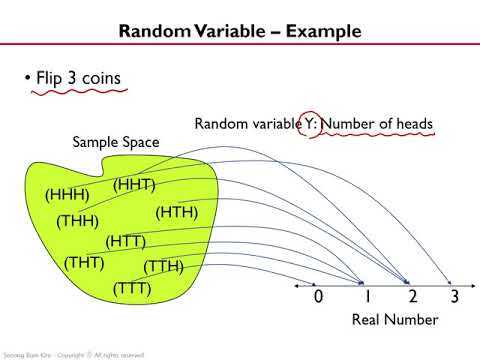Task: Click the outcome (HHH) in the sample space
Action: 67,195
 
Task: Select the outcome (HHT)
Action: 134,184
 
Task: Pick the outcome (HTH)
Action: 177,211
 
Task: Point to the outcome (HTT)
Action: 126,241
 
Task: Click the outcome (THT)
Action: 84,263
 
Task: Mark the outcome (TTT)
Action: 132,288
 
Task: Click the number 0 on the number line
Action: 318,296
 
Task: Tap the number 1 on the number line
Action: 366,296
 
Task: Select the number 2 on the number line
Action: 411,296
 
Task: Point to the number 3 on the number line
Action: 454,296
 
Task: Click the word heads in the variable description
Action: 412,124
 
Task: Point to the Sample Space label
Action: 115,143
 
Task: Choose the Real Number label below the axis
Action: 395,320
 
